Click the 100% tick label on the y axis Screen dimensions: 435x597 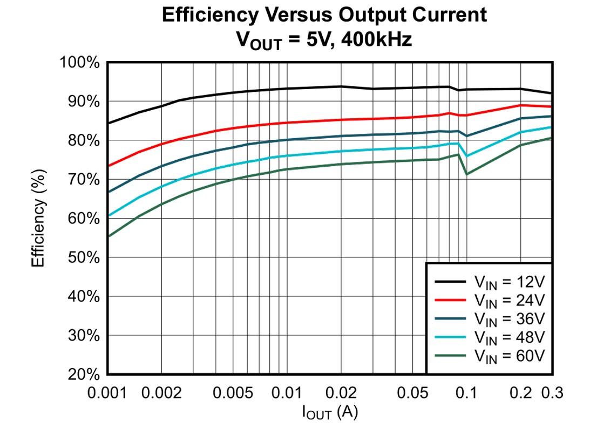(80, 63)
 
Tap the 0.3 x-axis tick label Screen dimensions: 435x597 (551, 393)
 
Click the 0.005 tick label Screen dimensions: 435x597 (233, 393)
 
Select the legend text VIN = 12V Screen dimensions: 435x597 (510, 282)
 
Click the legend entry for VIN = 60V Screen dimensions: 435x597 (510, 356)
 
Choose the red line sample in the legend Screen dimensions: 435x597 (451, 300)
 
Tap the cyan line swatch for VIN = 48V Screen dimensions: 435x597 (451, 337)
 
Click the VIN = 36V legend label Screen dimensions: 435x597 (510, 318)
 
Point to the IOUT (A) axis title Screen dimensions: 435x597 (330, 413)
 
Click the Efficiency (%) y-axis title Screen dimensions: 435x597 (38, 218)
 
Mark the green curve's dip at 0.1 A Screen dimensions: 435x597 (466, 174)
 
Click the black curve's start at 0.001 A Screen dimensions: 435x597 (108, 123)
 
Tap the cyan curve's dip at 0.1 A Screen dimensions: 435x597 (466, 156)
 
